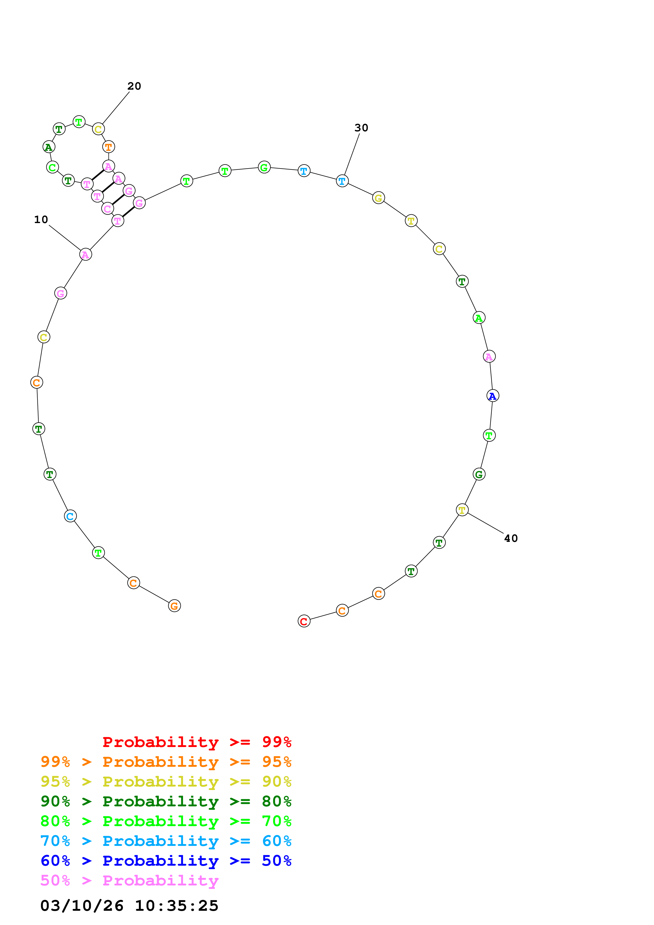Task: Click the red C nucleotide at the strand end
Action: click(x=304, y=621)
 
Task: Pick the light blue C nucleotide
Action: click(x=70, y=516)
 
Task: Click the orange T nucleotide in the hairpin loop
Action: click(x=108, y=147)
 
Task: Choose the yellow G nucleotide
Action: click(x=378, y=198)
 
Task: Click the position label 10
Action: click(x=41, y=220)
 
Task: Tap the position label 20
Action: click(x=134, y=86)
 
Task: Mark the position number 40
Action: click(x=510, y=538)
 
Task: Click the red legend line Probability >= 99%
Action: click(x=197, y=742)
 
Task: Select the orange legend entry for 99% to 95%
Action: click(x=166, y=762)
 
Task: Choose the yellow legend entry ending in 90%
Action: click(x=166, y=781)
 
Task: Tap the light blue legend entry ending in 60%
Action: click(x=166, y=841)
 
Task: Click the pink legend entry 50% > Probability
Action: click(x=129, y=880)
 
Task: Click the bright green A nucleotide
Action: click(x=479, y=318)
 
